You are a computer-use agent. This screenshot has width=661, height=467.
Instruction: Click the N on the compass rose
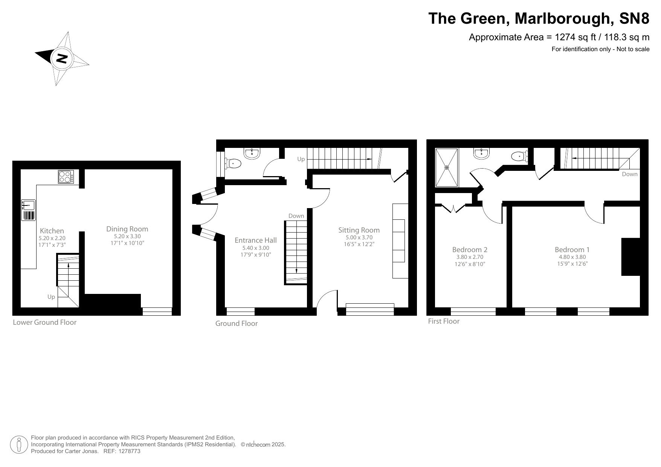[x=62, y=58]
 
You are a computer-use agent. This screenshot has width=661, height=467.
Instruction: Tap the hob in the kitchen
[x=66, y=177]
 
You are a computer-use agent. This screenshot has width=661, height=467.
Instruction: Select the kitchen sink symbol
[x=29, y=205]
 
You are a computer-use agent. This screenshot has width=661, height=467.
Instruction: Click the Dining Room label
[x=127, y=229]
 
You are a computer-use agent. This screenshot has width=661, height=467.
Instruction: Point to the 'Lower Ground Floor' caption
[x=44, y=322]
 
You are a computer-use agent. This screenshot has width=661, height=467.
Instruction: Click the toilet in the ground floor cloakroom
[x=234, y=163]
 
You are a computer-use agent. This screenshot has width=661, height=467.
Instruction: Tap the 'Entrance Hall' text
[x=255, y=240]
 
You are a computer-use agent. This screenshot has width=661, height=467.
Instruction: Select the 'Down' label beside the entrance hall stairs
[x=296, y=216]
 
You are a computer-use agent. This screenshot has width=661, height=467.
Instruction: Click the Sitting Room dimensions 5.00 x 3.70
[x=359, y=237]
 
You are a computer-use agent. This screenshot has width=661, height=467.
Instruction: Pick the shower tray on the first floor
[x=447, y=167]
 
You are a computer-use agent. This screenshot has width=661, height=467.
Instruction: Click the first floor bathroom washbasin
[x=481, y=153]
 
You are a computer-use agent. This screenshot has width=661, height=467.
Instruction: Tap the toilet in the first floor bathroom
[x=519, y=156]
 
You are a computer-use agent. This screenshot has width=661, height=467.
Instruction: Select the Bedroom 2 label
[x=470, y=249]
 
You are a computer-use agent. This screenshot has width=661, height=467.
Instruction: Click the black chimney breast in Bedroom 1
[x=630, y=257]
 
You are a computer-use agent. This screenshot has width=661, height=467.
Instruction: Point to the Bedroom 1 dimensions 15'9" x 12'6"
[x=572, y=264]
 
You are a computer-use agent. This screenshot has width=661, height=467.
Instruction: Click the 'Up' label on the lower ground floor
[x=51, y=297]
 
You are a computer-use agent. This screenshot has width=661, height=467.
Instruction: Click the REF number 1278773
[x=129, y=451]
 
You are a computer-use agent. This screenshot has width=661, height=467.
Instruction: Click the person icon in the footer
[x=19, y=445]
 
